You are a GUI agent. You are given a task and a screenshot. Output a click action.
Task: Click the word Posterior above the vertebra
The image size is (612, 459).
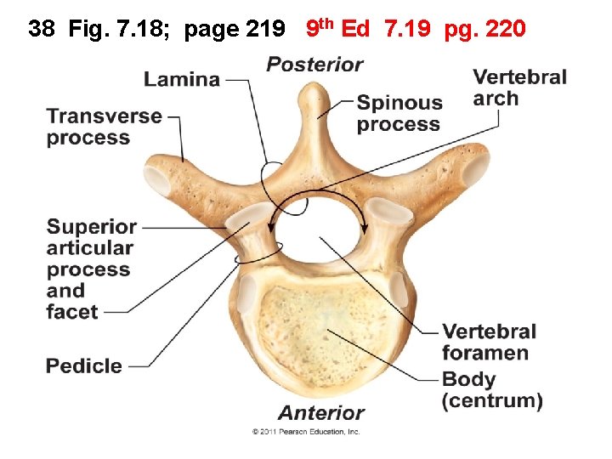[314, 65]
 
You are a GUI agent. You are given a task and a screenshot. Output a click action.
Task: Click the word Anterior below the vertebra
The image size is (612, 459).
[321, 413]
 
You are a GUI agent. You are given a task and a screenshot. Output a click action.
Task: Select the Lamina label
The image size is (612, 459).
[182, 79]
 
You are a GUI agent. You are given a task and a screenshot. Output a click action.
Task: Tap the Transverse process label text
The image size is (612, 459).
[104, 127]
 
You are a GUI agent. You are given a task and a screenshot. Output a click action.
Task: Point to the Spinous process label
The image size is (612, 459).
[399, 113]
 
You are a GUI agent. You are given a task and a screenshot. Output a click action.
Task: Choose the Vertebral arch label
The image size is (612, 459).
[519, 88]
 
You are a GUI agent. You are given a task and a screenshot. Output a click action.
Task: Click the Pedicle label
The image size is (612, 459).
[84, 366]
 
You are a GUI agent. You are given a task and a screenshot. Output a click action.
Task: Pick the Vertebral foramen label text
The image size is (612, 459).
[489, 342]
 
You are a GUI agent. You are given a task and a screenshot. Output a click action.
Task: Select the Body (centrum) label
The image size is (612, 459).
[492, 389]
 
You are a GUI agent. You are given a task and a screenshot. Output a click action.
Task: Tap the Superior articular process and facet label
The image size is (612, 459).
[90, 269]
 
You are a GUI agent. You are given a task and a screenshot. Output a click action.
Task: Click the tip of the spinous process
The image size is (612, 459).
[317, 92]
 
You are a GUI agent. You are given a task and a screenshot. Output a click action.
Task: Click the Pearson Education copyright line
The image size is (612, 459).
[306, 432]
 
